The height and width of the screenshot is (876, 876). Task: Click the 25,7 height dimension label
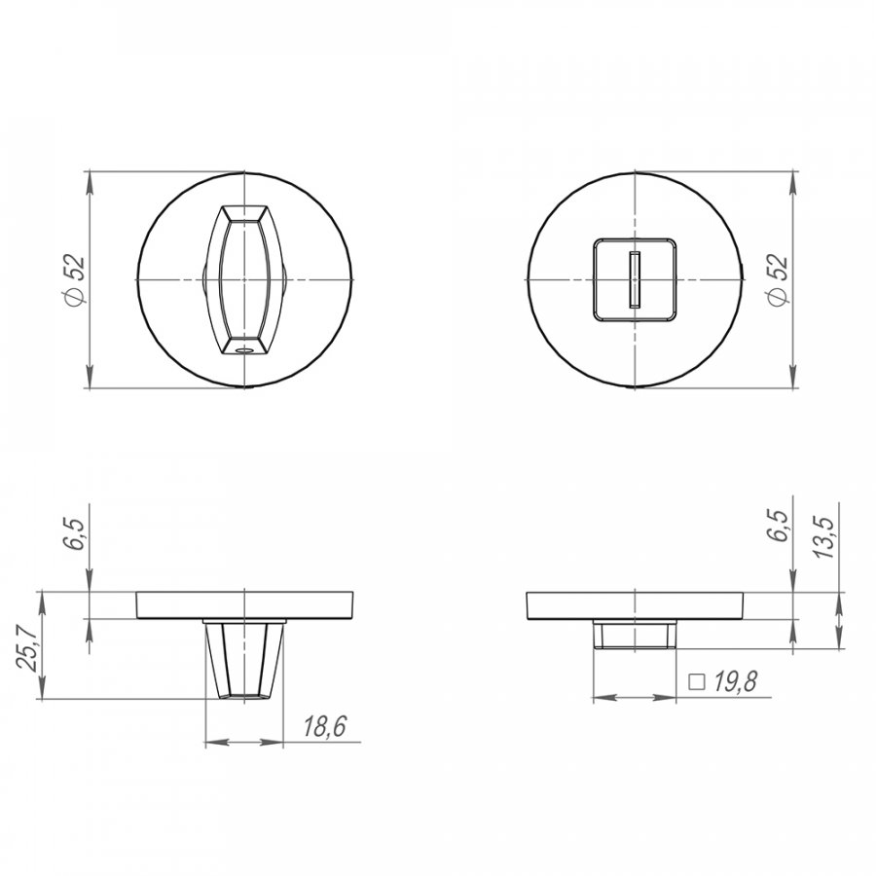pos(26,647)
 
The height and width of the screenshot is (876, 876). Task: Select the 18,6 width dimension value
pos(324,726)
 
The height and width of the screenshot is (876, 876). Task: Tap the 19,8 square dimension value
pos(736,681)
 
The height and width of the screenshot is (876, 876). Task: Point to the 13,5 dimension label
pos(823,537)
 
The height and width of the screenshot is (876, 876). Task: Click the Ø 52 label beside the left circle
pos(75,280)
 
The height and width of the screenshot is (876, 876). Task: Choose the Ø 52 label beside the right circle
pos(779,280)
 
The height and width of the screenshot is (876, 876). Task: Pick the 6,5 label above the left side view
pos(75,534)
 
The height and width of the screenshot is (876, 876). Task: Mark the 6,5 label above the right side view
pos(779,526)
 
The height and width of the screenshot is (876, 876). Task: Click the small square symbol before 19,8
pos(697,682)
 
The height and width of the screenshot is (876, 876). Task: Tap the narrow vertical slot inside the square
pos(635,279)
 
